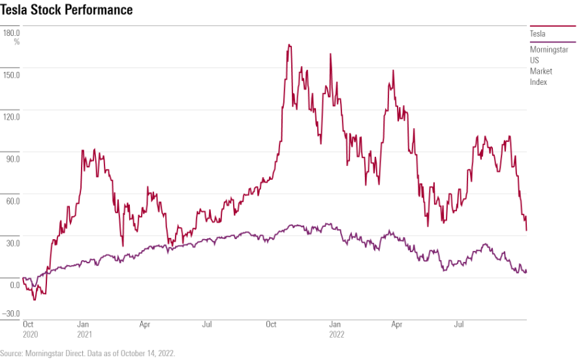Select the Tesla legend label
click(537, 34)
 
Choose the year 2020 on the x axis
click(30, 333)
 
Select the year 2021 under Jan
click(84, 333)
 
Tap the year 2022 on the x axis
click(336, 333)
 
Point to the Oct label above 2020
click(29, 323)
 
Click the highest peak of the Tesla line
click(289, 45)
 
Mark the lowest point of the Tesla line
click(34, 299)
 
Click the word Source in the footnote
click(12, 353)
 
